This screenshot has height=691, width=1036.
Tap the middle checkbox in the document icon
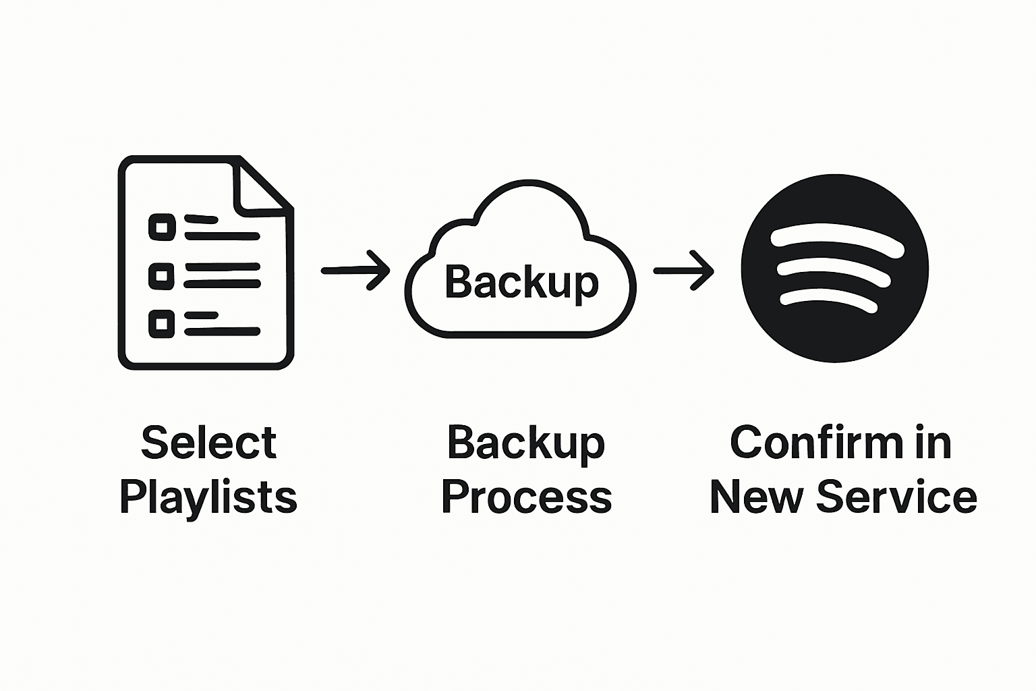pos(161,275)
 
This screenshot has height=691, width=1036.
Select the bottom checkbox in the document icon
pos(161,324)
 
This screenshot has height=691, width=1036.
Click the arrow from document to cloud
pos(355,271)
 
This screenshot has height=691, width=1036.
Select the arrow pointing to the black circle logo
pos(683,271)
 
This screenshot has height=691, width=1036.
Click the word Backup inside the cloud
pos(521,282)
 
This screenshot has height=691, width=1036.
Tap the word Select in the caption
pos(208,443)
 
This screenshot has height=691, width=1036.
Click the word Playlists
pos(208,498)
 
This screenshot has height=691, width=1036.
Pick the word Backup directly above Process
pos(525,443)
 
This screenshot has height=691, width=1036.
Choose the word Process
pos(526,498)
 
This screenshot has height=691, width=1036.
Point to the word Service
pos(896,498)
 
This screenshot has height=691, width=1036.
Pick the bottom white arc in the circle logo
pos(830,298)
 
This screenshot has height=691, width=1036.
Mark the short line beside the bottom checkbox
pos(201,315)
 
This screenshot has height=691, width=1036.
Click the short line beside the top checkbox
pos(201,219)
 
